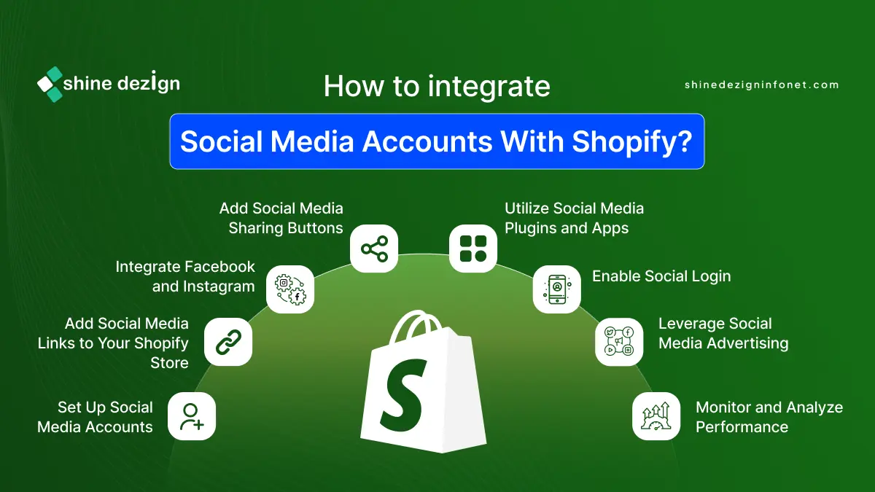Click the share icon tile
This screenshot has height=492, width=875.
coord(374,249)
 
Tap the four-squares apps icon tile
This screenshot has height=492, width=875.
coord(473,249)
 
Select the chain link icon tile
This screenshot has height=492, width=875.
coord(228,342)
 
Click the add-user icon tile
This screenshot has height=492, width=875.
coord(192,416)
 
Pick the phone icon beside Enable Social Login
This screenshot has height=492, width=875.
coord(556,289)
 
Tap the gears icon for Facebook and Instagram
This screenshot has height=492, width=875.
coord(290,289)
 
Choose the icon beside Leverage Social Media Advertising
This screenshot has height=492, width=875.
coord(619,342)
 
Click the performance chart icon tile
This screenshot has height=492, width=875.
coord(656,416)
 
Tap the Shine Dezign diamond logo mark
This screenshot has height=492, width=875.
coord(50,85)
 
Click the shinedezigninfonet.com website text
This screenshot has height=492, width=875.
coord(762,85)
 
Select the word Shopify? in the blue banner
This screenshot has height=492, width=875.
coord(632,141)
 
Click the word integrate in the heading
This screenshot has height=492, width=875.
coord(489,87)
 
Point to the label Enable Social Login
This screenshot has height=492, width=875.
coord(661,276)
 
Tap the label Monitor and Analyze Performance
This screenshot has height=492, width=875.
coord(769,417)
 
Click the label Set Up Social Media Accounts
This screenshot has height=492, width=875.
coord(95,417)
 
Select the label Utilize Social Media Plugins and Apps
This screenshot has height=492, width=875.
coord(575,218)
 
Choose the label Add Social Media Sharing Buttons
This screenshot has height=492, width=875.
coord(281,218)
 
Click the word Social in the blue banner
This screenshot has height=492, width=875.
coord(221,141)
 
